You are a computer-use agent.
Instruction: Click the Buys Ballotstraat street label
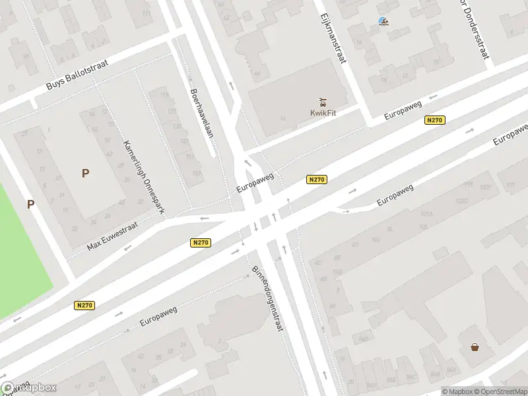point(77,75)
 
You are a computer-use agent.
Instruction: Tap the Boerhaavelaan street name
point(202,113)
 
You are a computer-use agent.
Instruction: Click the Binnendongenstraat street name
point(268,298)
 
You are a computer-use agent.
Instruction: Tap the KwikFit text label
point(323,112)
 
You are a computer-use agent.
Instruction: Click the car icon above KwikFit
point(323,102)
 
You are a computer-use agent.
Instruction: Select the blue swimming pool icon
point(383,22)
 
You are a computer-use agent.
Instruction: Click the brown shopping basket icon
point(475,347)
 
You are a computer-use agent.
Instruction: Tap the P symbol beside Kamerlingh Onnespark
point(85,174)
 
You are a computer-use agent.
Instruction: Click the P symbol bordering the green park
point(30,205)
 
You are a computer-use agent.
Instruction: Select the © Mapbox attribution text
point(456,391)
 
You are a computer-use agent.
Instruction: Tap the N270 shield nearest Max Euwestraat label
point(201,243)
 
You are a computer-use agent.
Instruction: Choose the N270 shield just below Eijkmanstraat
point(434,120)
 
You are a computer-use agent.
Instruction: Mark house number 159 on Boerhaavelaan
point(197,174)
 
